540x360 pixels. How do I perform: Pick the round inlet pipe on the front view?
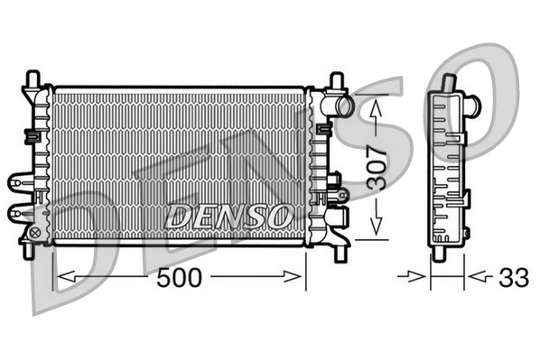[342, 107]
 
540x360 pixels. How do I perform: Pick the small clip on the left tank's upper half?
[31, 135]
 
